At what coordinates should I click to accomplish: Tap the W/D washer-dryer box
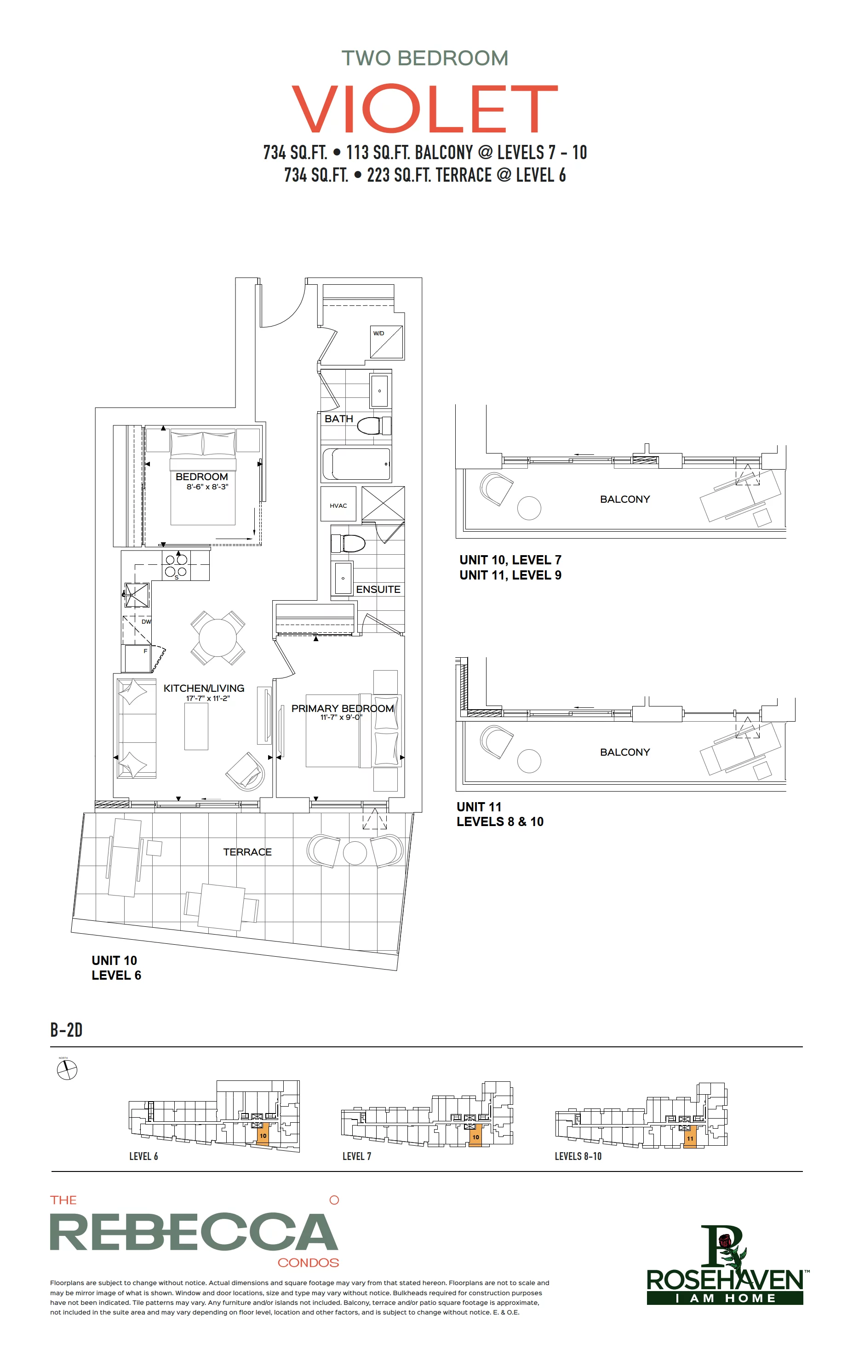coord(386,342)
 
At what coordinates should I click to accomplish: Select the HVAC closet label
coord(338,505)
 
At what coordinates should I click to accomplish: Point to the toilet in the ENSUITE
coord(348,543)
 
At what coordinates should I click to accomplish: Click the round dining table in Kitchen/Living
coord(218,638)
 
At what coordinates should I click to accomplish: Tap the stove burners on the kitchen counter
coord(176,565)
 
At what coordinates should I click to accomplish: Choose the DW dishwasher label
coord(146,622)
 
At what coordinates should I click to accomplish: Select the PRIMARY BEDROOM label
coord(342,708)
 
